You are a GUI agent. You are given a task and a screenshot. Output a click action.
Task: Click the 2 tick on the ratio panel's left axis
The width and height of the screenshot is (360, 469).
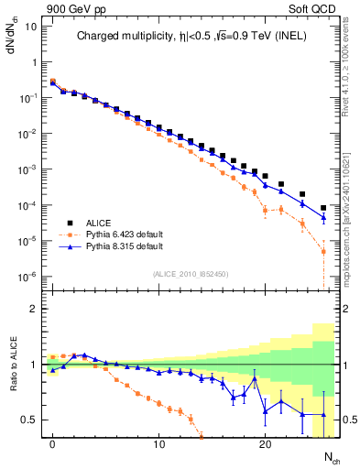[34, 309]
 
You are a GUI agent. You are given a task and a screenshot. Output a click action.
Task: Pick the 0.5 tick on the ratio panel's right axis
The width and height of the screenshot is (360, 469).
[348, 420]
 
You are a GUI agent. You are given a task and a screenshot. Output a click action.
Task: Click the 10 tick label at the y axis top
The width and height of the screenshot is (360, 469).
[29, 26]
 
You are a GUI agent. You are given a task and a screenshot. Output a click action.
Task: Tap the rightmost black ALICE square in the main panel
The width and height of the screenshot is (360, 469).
[323, 208]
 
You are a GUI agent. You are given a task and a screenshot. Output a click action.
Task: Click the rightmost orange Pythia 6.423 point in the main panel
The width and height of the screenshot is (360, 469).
[323, 251]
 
